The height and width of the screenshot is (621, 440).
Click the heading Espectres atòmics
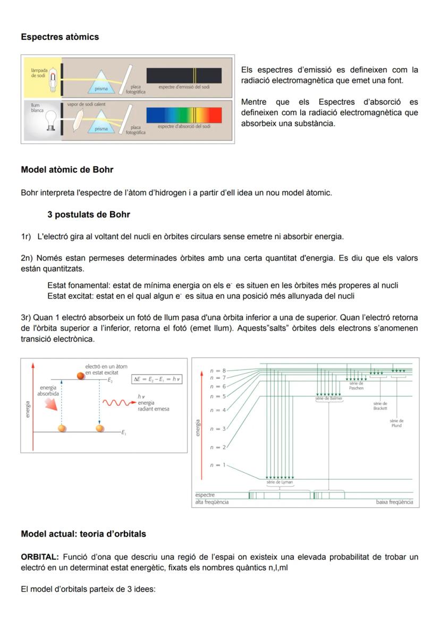[x=60, y=37]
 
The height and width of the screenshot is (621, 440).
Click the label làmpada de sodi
[x=39, y=73]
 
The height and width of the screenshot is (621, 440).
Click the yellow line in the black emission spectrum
[x=194, y=75]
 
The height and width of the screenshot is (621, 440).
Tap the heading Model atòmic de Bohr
[x=67, y=170]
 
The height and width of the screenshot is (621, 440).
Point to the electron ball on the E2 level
[x=81, y=376]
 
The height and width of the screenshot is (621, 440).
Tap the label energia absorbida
[x=48, y=391]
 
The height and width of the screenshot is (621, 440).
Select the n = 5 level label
[x=217, y=396]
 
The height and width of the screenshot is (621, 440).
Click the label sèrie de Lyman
[x=280, y=482]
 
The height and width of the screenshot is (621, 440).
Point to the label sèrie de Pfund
[x=396, y=423]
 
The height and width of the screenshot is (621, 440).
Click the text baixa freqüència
[x=394, y=502]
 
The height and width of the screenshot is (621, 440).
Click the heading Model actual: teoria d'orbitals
[x=83, y=534]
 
